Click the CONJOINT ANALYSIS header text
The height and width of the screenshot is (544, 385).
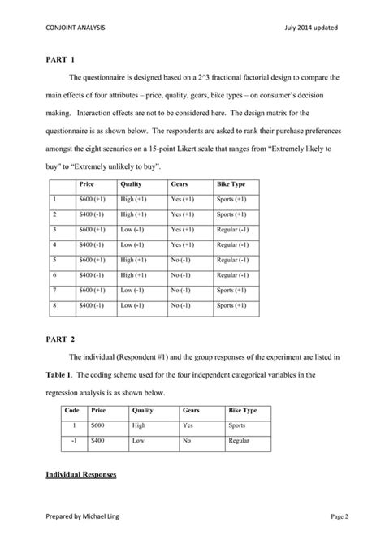tap(76, 28)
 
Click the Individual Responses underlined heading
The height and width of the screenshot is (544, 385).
tap(81, 473)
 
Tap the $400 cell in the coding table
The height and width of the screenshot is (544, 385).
tap(102, 442)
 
